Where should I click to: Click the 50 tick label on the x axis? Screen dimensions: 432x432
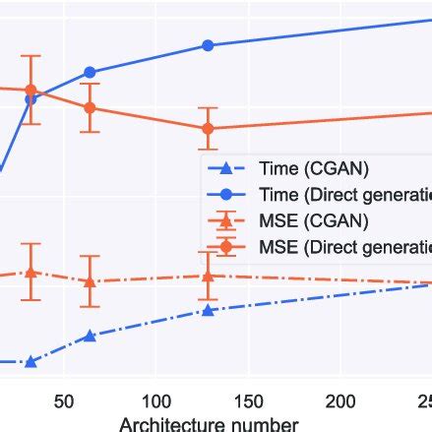click(64, 402)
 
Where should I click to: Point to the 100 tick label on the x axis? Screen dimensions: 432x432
click(155, 402)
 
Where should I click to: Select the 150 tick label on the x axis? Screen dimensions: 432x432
click(248, 402)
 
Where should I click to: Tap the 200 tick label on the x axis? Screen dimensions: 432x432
click(340, 402)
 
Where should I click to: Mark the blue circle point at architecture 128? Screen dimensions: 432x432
click(208, 45)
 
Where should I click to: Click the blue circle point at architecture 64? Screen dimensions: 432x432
click(90, 72)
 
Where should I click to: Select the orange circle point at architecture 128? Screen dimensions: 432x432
click(208, 128)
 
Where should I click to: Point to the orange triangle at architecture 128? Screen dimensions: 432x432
click(208, 276)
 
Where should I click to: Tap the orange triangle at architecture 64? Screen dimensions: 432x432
click(90, 281)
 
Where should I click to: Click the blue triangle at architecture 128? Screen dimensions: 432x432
click(208, 310)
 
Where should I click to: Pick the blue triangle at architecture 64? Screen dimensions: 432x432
click(90, 336)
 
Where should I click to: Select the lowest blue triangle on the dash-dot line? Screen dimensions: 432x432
click(31, 362)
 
